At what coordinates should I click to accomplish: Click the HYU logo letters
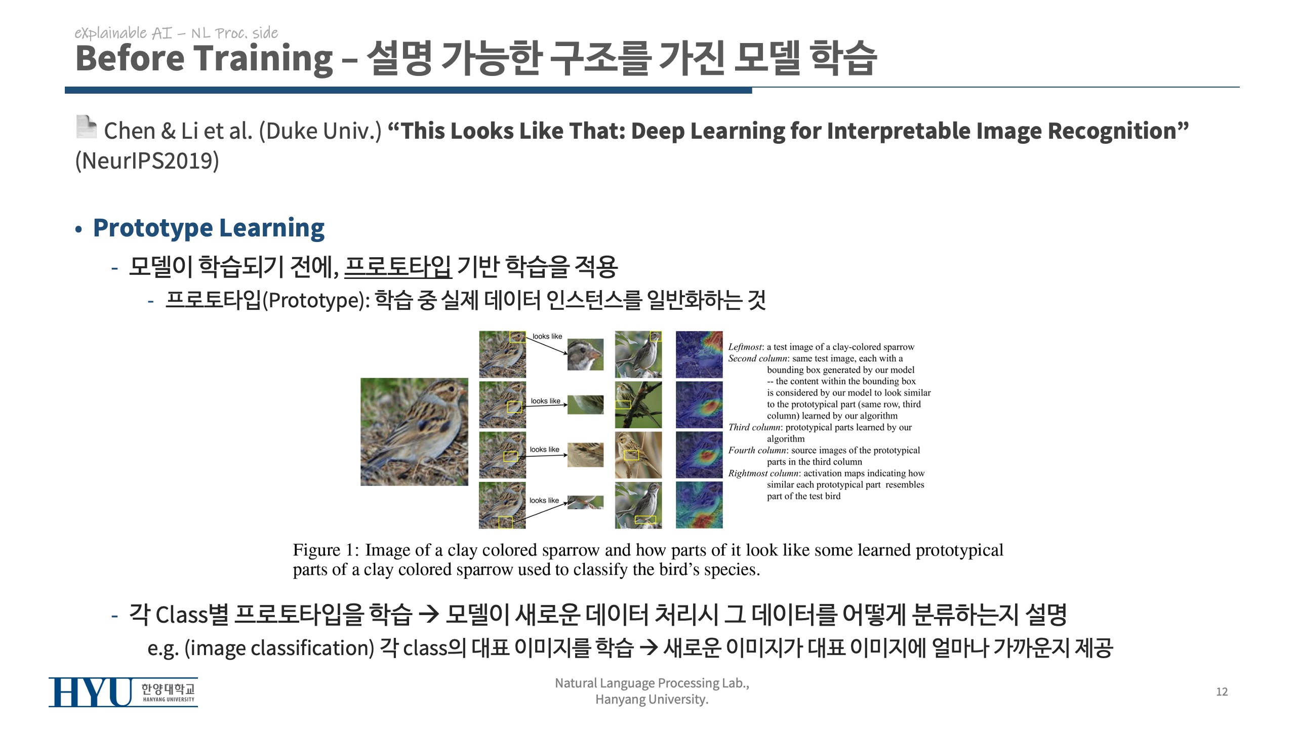(90, 692)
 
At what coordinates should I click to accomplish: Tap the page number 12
(1222, 692)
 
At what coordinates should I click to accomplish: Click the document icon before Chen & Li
(86, 127)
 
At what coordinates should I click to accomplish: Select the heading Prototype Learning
(209, 228)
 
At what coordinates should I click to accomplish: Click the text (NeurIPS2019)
(147, 161)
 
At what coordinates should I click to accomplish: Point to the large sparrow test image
(414, 432)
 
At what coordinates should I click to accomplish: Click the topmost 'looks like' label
(547, 336)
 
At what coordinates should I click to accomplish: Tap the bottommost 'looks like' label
(544, 500)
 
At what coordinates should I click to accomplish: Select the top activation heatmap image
(699, 354)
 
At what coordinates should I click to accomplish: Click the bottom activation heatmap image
(699, 505)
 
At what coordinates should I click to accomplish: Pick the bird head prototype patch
(585, 354)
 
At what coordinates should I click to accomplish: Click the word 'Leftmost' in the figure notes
(745, 347)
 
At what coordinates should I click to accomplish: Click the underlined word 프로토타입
(397, 267)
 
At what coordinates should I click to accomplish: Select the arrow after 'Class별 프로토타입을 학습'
(428, 615)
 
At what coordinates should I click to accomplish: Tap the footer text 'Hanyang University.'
(652, 700)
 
